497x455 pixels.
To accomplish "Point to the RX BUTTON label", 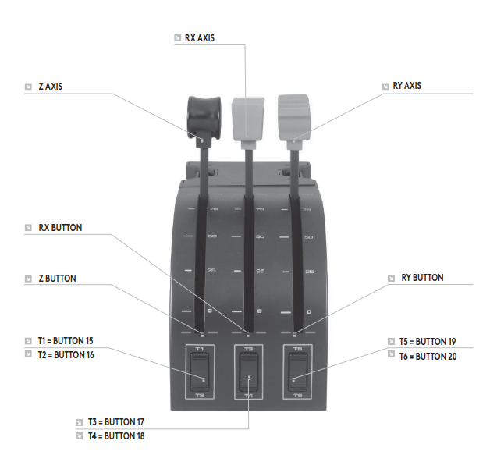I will click(61, 228).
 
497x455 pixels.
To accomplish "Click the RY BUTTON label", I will click(422, 277).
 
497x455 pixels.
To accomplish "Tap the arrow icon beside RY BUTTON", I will click(394, 278).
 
